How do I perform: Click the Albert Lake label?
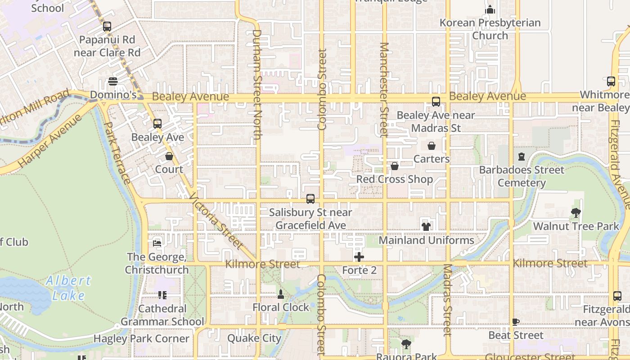coord(68,288)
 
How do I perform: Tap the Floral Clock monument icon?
coord(281,294)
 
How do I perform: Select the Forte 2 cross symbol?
coord(359,257)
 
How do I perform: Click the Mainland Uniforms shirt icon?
coord(426,226)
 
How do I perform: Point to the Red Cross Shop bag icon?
coord(395,166)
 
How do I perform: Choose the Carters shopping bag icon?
coord(431,146)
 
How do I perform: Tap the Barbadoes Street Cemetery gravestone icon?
coord(522,157)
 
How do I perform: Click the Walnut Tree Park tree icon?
coord(576,212)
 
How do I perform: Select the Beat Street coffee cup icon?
coord(516,322)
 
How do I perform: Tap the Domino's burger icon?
coord(112,81)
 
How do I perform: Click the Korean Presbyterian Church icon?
coord(490,9)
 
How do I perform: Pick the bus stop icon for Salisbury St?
coord(310,198)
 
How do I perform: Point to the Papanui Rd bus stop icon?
coord(107,27)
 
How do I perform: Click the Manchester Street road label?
coord(384,90)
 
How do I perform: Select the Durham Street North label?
coord(257,85)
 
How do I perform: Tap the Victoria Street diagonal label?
coord(216,221)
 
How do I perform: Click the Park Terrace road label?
coord(117,153)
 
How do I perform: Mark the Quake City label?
coord(254,338)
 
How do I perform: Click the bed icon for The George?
coord(157,243)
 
